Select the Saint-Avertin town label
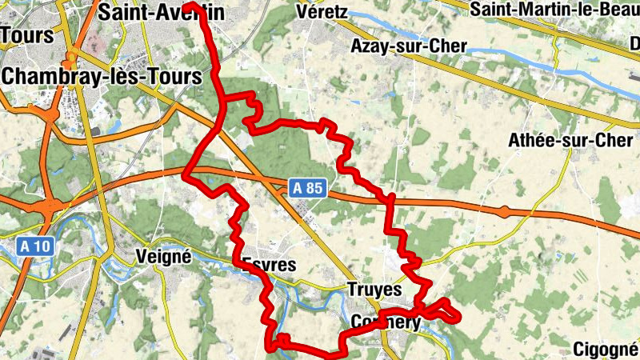(160, 13)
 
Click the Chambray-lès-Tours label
(102, 77)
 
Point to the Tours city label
(26, 36)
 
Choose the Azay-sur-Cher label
(408, 46)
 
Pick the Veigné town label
(163, 258)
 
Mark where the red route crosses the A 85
(390, 197)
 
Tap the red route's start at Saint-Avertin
(192, 5)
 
